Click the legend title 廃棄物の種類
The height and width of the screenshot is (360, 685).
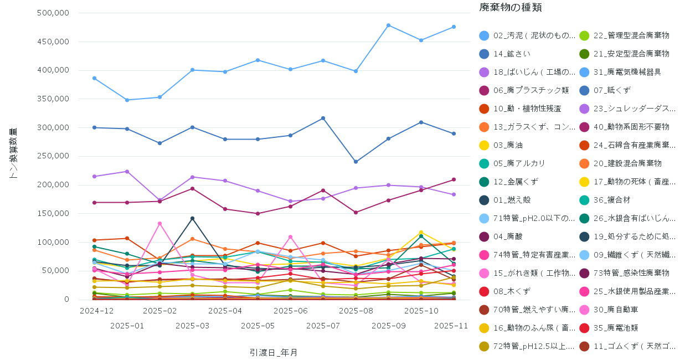(510, 8)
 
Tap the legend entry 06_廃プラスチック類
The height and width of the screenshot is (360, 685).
(523, 90)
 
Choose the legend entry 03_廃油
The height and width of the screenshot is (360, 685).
(507, 145)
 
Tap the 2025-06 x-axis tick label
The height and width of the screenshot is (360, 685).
(291, 311)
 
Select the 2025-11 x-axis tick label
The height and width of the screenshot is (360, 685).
(451, 326)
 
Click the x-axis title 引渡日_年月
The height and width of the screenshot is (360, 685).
(274, 352)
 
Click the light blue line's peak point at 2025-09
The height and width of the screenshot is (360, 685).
(388, 25)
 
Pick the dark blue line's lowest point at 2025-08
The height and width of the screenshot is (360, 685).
(356, 162)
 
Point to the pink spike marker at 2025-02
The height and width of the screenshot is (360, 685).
(159, 223)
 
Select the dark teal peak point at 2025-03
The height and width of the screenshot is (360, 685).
(192, 218)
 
